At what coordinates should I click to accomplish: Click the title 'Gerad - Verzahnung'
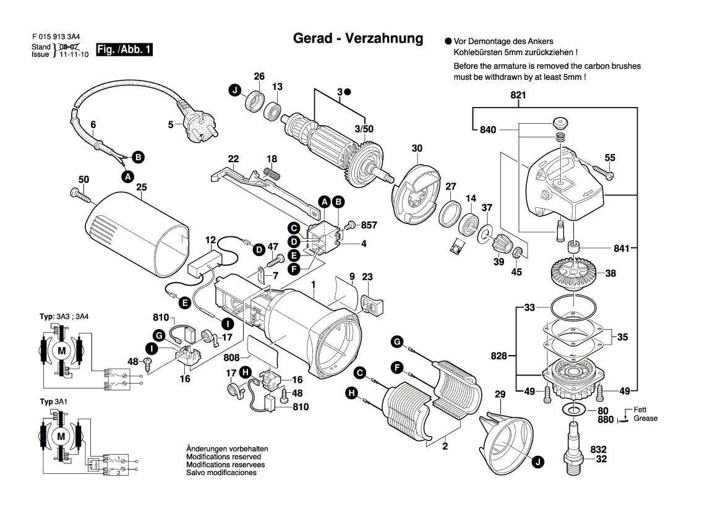[x=357, y=39]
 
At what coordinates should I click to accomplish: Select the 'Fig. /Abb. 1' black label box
[x=124, y=49]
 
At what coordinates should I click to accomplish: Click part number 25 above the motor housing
[x=141, y=187]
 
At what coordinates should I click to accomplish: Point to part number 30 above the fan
[x=417, y=148]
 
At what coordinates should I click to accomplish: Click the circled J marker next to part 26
[x=234, y=91]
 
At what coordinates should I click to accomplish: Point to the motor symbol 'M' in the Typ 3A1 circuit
[x=61, y=436]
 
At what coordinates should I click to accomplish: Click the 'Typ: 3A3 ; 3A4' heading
[x=64, y=317]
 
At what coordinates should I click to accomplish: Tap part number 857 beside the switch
[x=369, y=225]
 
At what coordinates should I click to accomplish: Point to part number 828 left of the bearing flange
[x=499, y=356]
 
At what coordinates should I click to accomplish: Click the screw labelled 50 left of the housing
[x=81, y=195]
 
